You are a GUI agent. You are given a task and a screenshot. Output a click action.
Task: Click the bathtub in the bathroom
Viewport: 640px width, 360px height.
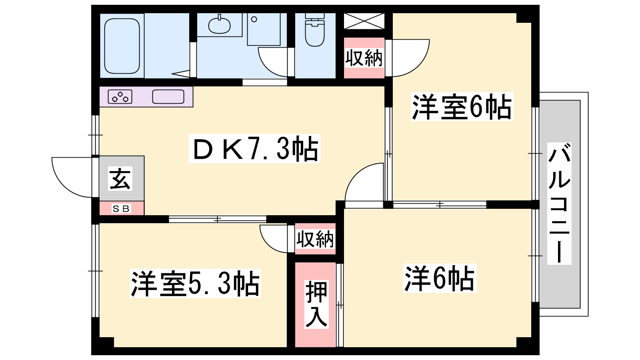122,46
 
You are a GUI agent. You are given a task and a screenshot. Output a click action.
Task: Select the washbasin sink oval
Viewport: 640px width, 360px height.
220,25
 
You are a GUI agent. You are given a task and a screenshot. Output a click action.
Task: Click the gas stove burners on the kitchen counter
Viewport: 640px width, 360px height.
120,96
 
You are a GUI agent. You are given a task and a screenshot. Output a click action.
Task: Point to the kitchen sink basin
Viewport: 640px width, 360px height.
168,96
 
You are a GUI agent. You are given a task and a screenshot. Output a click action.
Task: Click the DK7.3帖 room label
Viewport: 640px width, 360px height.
254,149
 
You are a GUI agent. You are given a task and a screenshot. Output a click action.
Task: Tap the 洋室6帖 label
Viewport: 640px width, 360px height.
462,106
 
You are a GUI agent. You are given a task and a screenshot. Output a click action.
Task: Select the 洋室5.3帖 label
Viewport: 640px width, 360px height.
196,284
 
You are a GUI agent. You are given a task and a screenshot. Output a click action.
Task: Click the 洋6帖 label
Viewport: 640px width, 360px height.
440,278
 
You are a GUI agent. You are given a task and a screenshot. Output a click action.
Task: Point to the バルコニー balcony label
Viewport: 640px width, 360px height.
559,204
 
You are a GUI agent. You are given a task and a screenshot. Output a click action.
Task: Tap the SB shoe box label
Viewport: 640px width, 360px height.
122,208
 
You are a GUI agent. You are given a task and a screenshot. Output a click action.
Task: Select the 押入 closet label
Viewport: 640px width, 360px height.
316,304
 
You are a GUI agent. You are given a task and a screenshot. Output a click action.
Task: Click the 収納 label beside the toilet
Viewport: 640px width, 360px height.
364,58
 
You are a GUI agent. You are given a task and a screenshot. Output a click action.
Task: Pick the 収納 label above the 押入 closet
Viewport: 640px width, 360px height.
315,239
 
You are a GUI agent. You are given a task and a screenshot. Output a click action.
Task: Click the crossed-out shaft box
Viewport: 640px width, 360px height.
364,21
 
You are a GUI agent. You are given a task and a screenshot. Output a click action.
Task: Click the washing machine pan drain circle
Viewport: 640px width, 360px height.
254,20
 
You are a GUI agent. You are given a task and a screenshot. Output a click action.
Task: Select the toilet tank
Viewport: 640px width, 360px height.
315,16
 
